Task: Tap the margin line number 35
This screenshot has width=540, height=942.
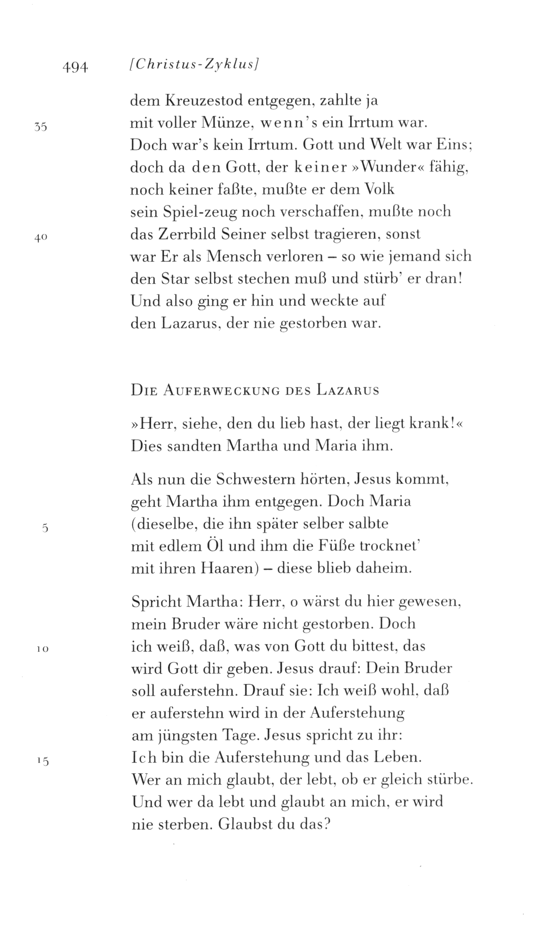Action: point(41,127)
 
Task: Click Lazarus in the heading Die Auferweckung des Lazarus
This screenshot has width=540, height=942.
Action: point(347,391)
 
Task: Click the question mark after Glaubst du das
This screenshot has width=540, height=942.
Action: point(327,825)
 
